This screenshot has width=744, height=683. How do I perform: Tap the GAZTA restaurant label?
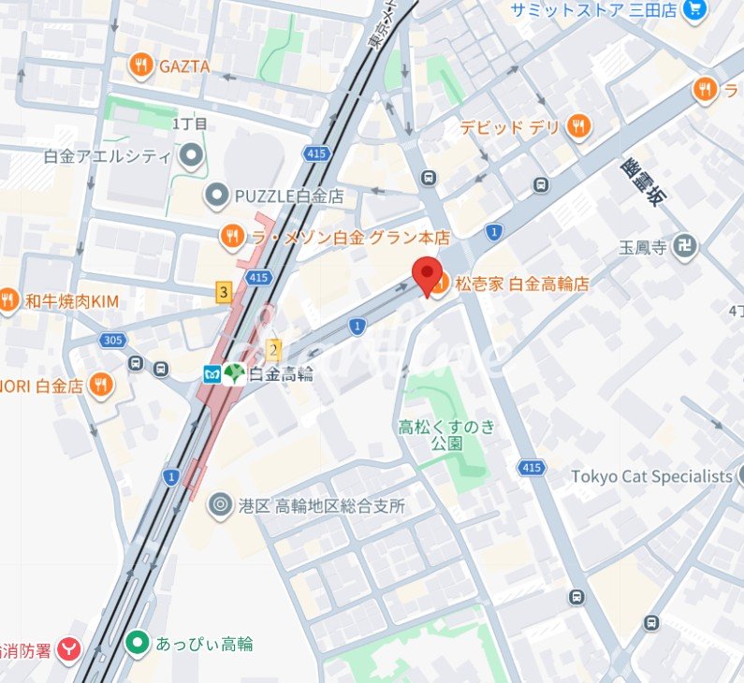tap(182, 66)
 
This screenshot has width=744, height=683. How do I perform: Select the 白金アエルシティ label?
tap(108, 156)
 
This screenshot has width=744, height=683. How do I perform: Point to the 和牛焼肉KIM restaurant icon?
tap(9, 300)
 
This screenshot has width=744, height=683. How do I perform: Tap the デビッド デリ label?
tap(509, 126)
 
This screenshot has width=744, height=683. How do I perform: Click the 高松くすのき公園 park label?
tap(446, 435)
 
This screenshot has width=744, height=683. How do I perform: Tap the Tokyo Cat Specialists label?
tap(651, 476)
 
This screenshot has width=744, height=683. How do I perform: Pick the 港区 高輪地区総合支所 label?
tap(321, 506)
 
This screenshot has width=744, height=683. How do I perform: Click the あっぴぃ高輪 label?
tap(204, 644)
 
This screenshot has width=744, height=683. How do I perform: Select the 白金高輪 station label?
tap(281, 374)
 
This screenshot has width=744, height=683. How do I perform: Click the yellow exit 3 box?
tap(223, 293)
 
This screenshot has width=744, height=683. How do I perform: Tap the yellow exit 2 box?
tap(273, 351)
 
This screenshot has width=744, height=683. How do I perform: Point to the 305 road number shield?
tap(112, 341)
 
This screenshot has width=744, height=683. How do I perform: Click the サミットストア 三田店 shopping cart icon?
tap(693, 9)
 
